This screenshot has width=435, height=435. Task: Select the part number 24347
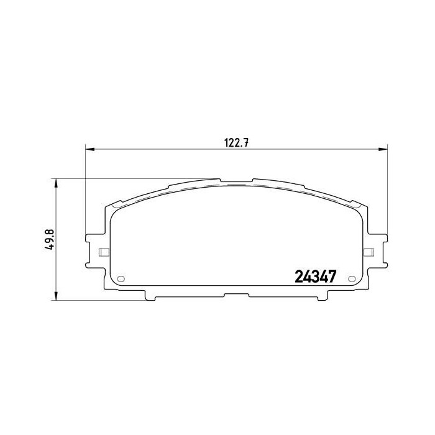point(314,277)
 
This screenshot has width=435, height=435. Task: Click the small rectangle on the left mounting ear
point(104,252)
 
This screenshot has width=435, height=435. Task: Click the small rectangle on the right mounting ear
point(368,252)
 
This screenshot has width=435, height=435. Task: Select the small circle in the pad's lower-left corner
point(121,278)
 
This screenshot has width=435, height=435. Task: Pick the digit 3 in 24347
point(314,277)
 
